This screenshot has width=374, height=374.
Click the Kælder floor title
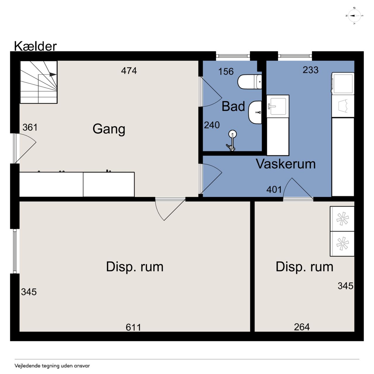35,46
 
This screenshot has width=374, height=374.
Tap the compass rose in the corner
354,16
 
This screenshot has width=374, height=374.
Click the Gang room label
109,129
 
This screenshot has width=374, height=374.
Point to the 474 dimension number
129,71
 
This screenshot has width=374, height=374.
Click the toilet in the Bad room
250,82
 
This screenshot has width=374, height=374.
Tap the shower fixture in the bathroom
232,140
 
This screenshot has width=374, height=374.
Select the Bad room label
233,106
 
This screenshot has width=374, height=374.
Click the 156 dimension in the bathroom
226,71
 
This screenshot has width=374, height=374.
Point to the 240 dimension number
212,125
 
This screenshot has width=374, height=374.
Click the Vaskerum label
286,164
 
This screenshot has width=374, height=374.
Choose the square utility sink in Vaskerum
278,106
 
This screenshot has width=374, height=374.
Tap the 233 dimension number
311,70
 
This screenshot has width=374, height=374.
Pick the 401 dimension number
274,190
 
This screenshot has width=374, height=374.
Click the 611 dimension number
133,327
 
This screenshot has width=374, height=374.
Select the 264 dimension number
302,327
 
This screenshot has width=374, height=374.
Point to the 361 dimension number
30,127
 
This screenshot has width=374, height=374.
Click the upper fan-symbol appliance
342,219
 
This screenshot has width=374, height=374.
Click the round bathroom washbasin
255,112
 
